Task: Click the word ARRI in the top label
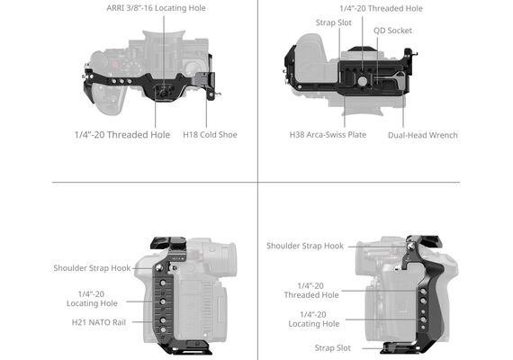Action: tap(115, 8)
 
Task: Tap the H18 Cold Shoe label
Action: tap(210, 134)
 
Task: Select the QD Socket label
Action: tap(392, 31)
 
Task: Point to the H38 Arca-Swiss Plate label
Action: tap(328, 134)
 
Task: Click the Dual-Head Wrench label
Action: tap(423, 135)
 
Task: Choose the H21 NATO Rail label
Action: tap(99, 322)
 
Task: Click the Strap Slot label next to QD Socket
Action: tap(333, 22)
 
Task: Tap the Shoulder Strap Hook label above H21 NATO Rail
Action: tap(92, 268)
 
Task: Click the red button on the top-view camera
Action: tap(114, 64)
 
